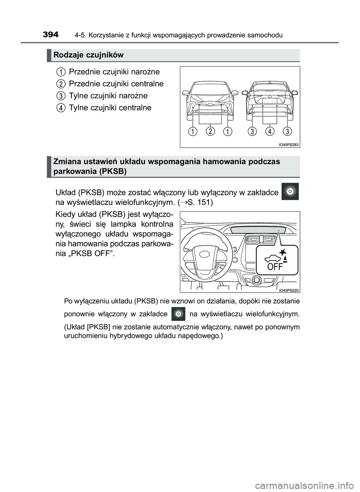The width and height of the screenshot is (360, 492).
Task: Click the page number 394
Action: [x=51, y=35]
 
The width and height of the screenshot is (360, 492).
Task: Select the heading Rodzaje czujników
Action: [x=88, y=55]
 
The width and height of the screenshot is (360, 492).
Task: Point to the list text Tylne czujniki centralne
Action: [x=110, y=108]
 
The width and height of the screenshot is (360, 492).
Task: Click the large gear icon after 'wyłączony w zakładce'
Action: [x=290, y=191]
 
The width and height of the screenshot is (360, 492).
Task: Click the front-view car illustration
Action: [x=210, y=99]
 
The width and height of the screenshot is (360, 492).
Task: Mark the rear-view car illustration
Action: [x=270, y=99]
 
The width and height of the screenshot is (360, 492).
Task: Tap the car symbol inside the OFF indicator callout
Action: [x=271, y=258]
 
